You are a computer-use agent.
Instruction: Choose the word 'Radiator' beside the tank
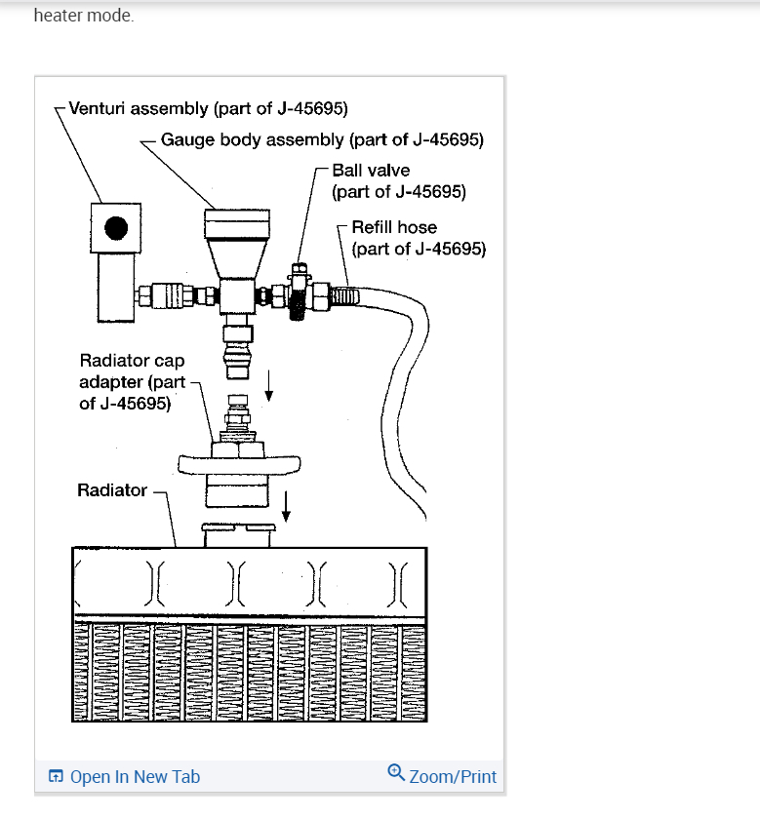(112, 490)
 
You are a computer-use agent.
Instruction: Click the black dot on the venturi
(116, 228)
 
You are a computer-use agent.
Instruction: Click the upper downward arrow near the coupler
(270, 390)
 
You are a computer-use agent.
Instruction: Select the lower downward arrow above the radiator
(286, 504)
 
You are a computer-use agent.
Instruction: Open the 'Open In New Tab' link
(135, 777)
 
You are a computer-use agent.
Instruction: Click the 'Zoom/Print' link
(453, 777)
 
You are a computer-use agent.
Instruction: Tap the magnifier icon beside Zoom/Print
(395, 773)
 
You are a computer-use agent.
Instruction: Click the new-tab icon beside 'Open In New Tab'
(57, 777)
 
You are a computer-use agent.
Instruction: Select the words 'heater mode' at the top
(83, 16)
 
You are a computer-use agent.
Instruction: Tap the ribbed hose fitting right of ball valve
(344, 292)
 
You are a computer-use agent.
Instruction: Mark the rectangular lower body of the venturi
(115, 283)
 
